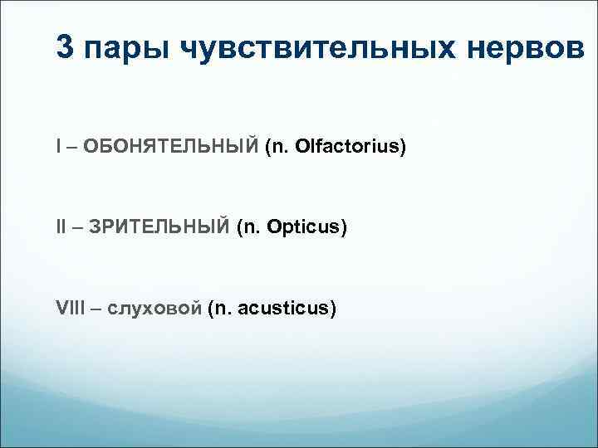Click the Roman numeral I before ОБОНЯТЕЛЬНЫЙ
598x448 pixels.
(58, 147)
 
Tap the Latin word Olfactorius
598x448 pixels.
(349, 147)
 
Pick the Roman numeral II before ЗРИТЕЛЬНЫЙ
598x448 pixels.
(61, 227)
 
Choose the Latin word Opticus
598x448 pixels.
(306, 227)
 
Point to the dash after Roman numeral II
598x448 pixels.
(76, 228)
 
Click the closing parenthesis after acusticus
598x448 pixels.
(334, 309)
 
